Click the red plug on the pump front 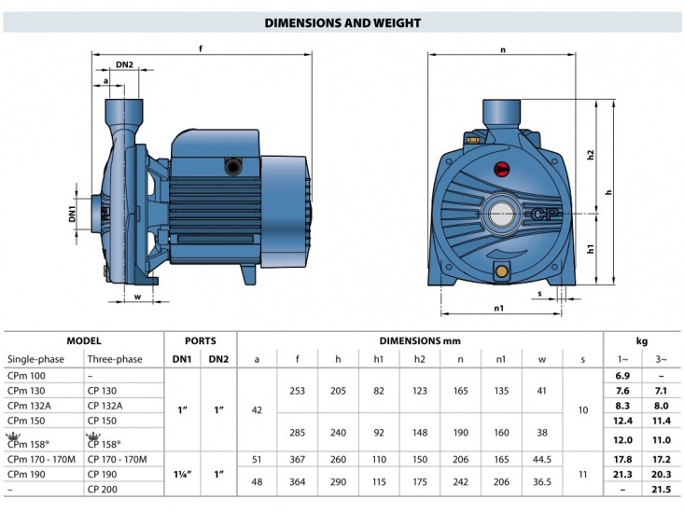point(501,169)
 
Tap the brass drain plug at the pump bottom point(501,272)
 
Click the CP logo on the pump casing point(544,214)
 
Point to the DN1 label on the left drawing point(72,214)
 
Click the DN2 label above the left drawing point(124,64)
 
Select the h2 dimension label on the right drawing point(590,155)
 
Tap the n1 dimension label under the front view point(498,308)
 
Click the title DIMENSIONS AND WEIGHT point(342,22)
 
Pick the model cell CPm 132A point(29,406)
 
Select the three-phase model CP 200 point(102,489)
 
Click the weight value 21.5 point(661,489)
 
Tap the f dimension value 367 point(297,460)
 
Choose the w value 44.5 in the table point(542,460)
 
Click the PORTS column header point(201,340)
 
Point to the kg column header point(642,341)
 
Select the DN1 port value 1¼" point(182,474)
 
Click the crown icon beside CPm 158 point(13,436)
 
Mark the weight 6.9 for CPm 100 point(622,376)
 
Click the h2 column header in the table point(419,360)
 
